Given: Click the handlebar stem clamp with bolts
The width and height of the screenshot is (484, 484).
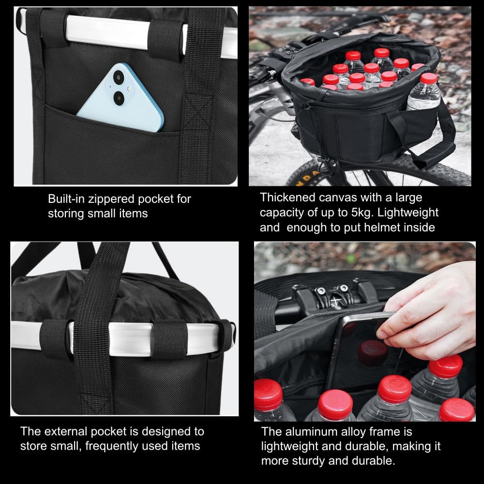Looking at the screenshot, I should [x=334, y=293].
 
